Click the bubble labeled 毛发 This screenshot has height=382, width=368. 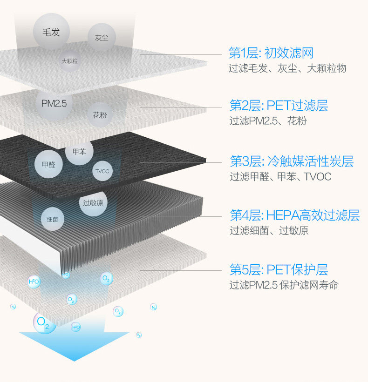click(x=51, y=32)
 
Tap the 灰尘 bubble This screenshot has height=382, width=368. click(x=102, y=37)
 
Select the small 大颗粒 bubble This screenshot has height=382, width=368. click(x=70, y=61)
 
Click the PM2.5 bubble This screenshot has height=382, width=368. click(x=54, y=103)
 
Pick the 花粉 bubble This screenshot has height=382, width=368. click(x=100, y=114)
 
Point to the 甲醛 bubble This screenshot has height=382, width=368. click(x=48, y=164)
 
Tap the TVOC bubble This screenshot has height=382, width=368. click(x=102, y=171)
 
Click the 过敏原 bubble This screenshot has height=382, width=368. click(x=93, y=202)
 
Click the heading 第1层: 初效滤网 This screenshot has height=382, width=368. click(x=271, y=52)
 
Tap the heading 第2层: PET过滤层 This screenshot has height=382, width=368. click(x=279, y=106)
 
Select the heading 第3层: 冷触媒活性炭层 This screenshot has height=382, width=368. click(x=292, y=161)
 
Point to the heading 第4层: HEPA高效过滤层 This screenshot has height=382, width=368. click(x=294, y=215)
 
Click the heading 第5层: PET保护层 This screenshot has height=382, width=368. click(x=279, y=269)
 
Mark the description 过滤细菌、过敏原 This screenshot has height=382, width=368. click(x=269, y=230)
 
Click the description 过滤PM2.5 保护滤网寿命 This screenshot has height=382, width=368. click(x=284, y=285)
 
